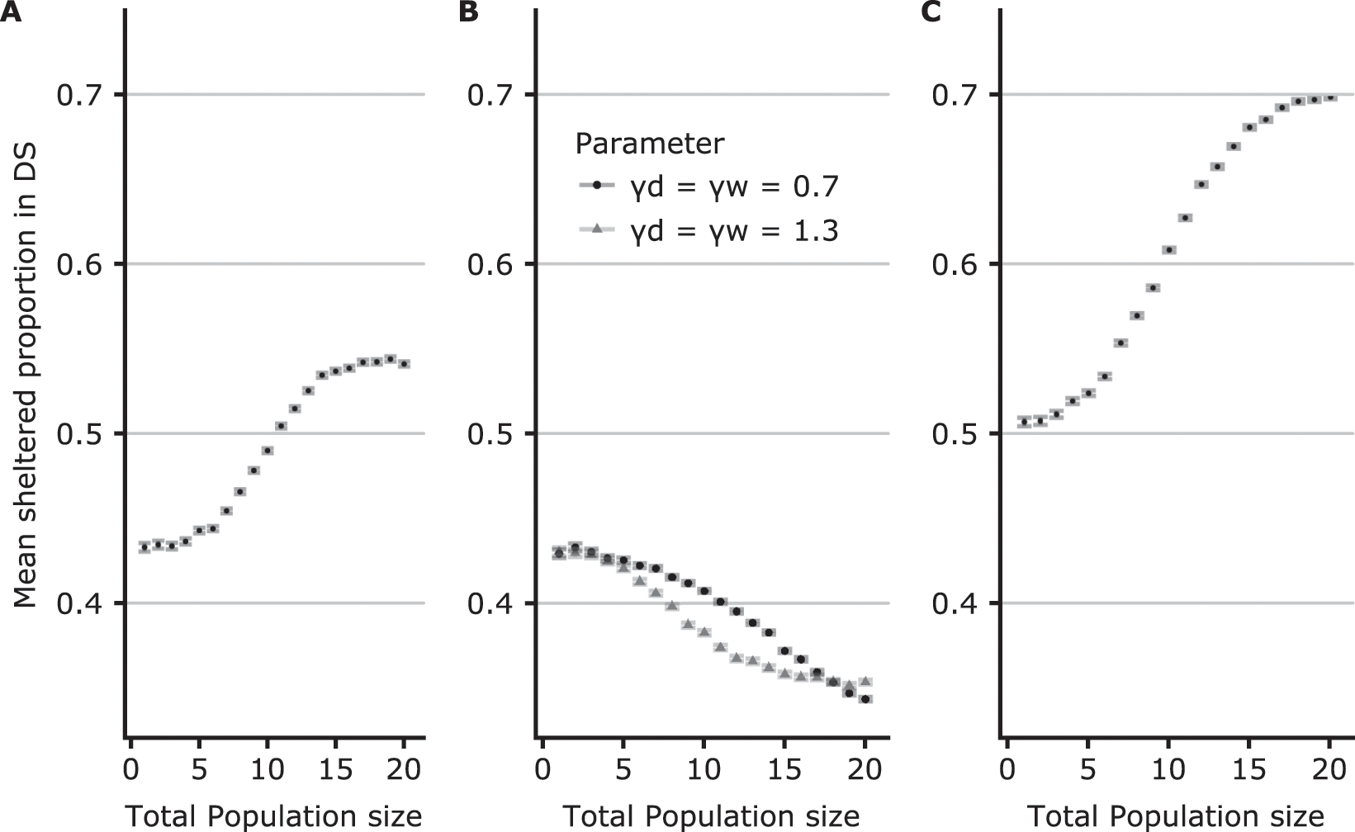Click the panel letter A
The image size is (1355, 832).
12,13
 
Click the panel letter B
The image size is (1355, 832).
467,13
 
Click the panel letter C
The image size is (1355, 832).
931,13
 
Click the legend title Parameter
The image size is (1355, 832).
649,144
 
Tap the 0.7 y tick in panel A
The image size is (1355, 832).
82,95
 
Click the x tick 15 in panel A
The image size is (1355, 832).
334,769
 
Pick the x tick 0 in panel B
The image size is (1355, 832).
542,769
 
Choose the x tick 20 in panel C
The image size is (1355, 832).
1329,769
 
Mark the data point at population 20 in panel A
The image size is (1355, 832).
404,364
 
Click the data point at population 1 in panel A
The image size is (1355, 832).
145,547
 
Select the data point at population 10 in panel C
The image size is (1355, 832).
1168,250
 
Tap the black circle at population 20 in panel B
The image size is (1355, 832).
865,699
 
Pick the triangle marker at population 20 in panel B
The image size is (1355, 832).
865,681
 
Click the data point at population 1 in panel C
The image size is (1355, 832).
1024,422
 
